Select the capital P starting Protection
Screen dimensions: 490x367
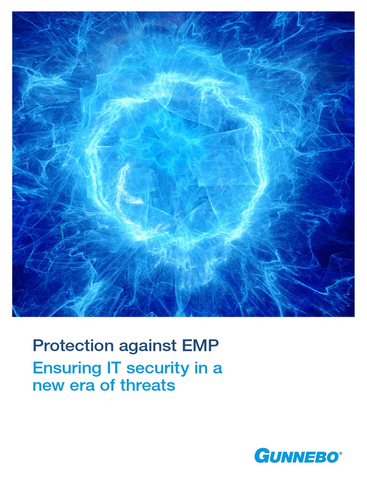[x=37, y=345]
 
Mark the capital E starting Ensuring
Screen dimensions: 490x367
[x=37, y=369]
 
